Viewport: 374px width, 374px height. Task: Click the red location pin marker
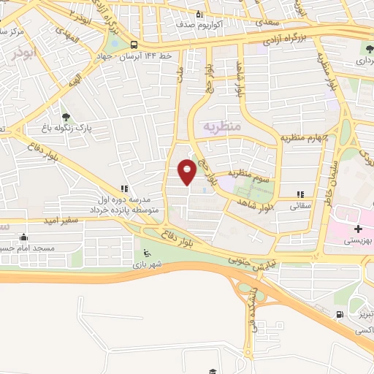[x=187, y=171]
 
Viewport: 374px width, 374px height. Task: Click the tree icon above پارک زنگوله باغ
[x=66, y=116]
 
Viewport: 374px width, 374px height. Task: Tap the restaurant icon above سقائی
[x=299, y=194]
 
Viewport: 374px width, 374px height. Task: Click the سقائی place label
[x=300, y=206]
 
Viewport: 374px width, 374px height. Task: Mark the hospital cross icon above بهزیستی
[x=358, y=228]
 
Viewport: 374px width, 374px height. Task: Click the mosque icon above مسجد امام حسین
[x=25, y=237]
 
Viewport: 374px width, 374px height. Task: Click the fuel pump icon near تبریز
[x=340, y=315]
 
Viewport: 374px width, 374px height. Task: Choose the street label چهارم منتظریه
[x=305, y=138]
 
